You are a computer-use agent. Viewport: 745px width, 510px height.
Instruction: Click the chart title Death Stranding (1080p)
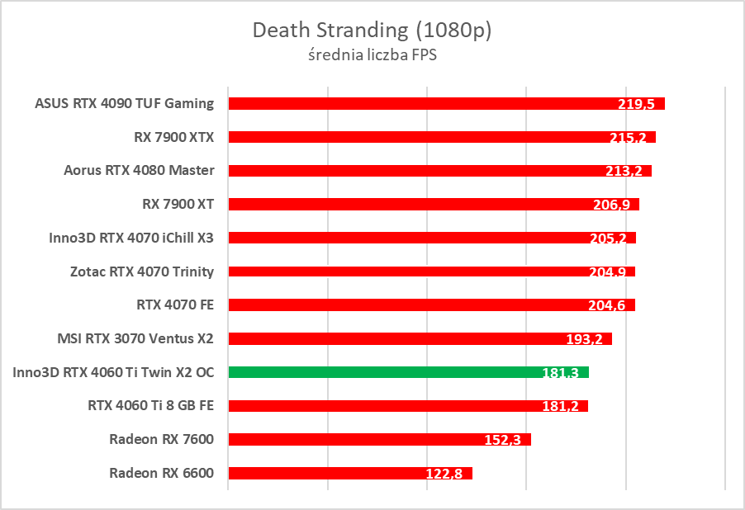tap(372, 31)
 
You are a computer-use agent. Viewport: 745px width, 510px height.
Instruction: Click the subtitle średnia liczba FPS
tap(372, 56)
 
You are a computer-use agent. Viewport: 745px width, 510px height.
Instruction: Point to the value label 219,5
tap(636, 104)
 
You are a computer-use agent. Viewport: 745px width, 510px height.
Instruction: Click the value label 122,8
tap(444, 474)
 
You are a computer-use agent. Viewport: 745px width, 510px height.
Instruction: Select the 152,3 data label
tap(502, 440)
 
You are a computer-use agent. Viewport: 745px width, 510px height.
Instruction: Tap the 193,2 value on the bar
tap(583, 339)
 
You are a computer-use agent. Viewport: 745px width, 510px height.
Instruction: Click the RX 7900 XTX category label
tap(173, 137)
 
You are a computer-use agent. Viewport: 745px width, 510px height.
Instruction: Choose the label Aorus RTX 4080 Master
tap(139, 171)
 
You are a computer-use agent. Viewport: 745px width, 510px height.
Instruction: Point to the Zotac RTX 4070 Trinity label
tap(142, 272)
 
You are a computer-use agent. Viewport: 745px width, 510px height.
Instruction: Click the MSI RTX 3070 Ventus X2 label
tap(135, 338)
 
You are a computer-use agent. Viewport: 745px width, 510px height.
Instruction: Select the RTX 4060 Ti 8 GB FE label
tap(150, 406)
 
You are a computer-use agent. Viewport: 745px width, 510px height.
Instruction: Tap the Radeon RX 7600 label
tap(161, 439)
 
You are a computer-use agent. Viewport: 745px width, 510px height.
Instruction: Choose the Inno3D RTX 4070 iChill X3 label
tap(131, 238)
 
